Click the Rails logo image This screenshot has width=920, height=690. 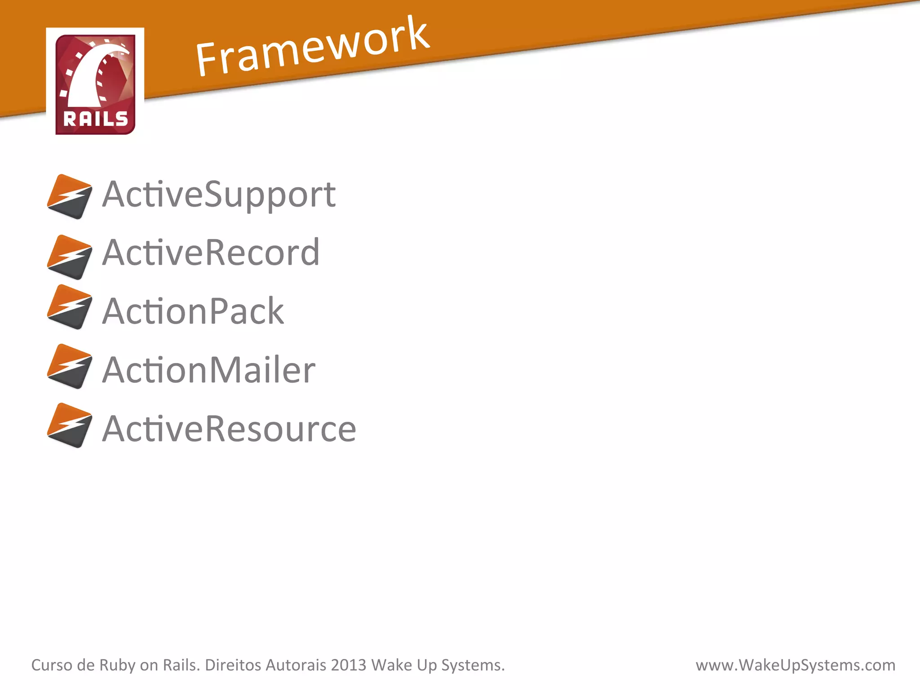[95, 84]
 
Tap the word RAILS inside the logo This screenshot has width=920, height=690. [95, 119]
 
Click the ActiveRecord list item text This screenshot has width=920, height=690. [211, 253]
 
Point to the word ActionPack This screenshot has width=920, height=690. [193, 311]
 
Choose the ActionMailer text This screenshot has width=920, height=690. [208, 370]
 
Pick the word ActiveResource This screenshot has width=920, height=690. [229, 429]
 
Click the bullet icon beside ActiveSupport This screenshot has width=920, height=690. [70, 197]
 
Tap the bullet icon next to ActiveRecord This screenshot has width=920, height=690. [70, 257]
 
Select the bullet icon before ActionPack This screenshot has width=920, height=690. [70, 307]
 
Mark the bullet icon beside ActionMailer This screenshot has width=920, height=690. [70, 366]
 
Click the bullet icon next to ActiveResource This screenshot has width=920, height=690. [70, 425]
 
